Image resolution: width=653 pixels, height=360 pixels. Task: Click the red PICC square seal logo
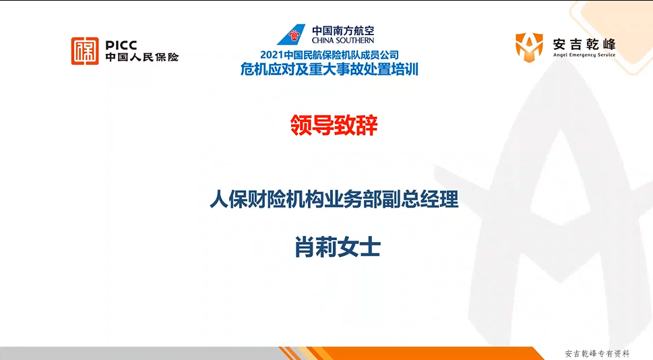[85, 51]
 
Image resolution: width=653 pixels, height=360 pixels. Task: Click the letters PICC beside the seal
[121, 45]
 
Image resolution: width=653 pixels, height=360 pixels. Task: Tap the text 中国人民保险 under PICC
[142, 57]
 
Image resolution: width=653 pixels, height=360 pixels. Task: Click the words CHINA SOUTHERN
[343, 40]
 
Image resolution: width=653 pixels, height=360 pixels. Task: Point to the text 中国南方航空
[343, 30]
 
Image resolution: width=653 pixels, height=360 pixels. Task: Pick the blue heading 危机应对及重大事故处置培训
[329, 69]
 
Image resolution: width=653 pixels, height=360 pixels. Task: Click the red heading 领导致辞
[334, 125]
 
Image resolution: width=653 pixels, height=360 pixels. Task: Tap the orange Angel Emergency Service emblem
[529, 47]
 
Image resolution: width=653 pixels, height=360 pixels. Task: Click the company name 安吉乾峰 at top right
[584, 44]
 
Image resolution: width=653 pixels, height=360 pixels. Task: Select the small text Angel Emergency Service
[584, 55]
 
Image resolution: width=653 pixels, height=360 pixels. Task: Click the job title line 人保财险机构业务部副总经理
[334, 199]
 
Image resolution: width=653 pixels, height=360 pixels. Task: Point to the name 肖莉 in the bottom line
[316, 247]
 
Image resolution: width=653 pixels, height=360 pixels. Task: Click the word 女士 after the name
[359, 247]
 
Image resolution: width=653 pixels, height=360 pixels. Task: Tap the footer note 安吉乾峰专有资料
[597, 354]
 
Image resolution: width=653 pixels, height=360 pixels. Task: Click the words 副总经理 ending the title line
[417, 199]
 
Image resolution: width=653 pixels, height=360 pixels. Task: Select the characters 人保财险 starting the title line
[251, 199]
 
